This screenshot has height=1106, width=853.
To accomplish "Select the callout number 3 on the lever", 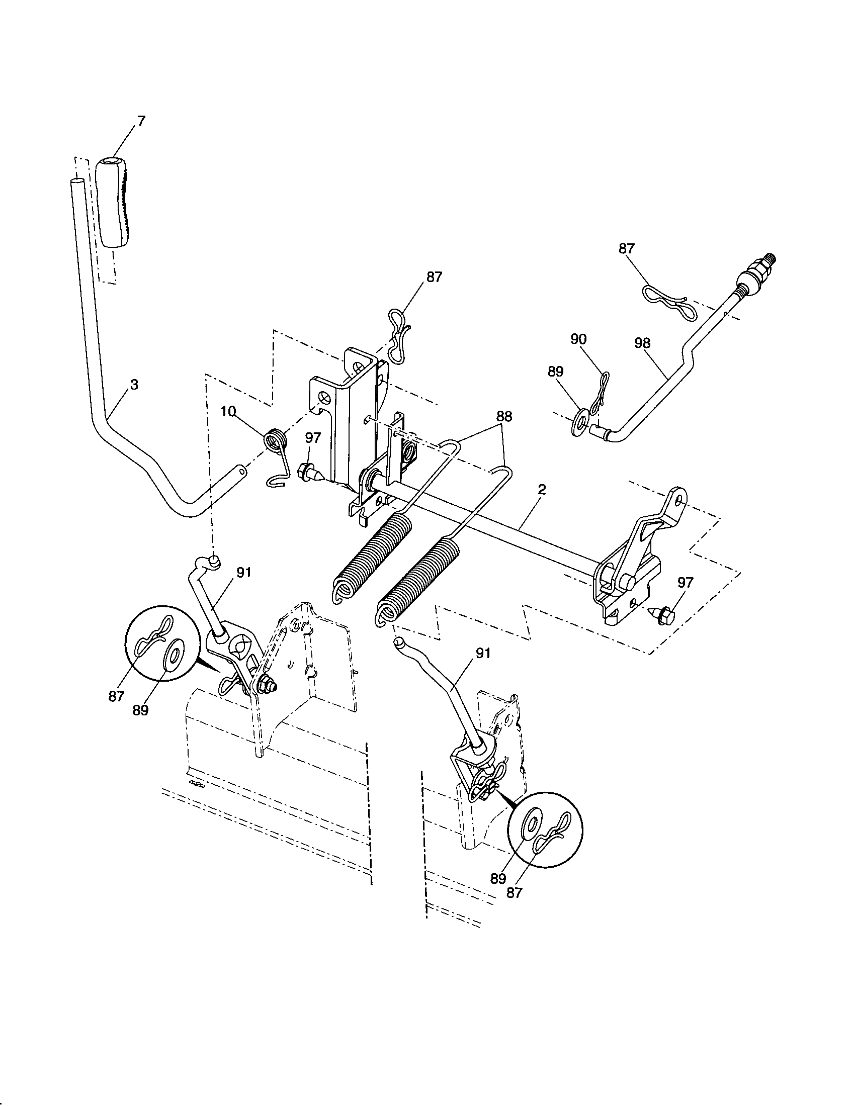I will click(x=134, y=385).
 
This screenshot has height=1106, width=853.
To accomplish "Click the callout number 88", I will click(x=504, y=416).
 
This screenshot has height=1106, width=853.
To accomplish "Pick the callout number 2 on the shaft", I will click(x=542, y=489).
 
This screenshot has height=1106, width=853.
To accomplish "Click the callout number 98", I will click(x=643, y=343).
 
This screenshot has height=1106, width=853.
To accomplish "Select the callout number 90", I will click(x=578, y=339).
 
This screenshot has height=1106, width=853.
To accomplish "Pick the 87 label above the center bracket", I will click(x=434, y=277).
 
